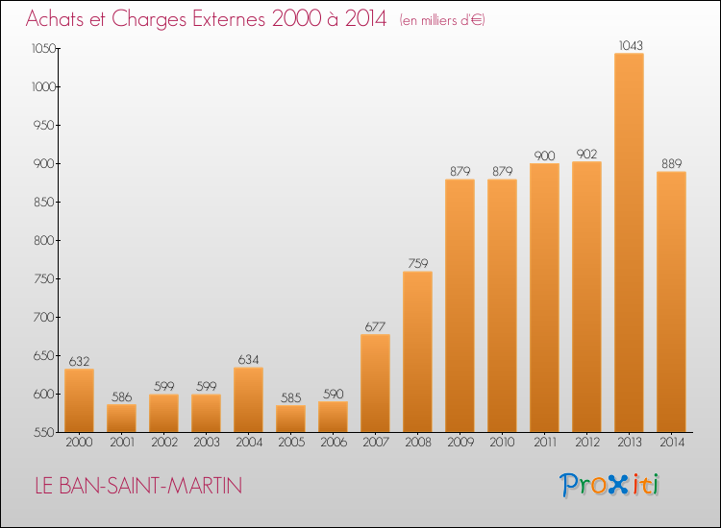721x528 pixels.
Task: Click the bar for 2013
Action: tap(629, 243)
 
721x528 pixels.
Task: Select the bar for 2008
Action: tap(417, 351)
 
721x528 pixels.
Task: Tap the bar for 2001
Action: tap(121, 419)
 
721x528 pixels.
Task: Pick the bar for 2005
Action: tap(290, 419)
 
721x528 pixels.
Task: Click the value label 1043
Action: tap(631, 45)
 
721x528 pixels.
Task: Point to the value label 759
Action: tap(417, 264)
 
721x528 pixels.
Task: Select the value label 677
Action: tap(375, 326)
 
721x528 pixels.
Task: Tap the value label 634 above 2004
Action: tap(248, 359)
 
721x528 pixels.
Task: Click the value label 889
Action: tap(671, 163)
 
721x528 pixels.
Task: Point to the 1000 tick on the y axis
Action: tap(43, 86)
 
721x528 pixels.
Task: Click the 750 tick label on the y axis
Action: tap(44, 278)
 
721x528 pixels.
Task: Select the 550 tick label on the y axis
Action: tap(44, 432)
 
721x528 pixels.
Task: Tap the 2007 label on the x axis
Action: tap(376, 442)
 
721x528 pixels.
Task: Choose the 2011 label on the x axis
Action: tap(545, 442)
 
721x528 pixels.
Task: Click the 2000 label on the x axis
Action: tap(79, 442)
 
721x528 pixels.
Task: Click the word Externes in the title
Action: tap(229, 18)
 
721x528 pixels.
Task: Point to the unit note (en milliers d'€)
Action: tap(442, 20)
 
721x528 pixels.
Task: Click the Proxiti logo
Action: tap(609, 485)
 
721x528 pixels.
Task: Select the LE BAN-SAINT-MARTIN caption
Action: tap(138, 486)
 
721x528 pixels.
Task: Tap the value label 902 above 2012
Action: tap(586, 154)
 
